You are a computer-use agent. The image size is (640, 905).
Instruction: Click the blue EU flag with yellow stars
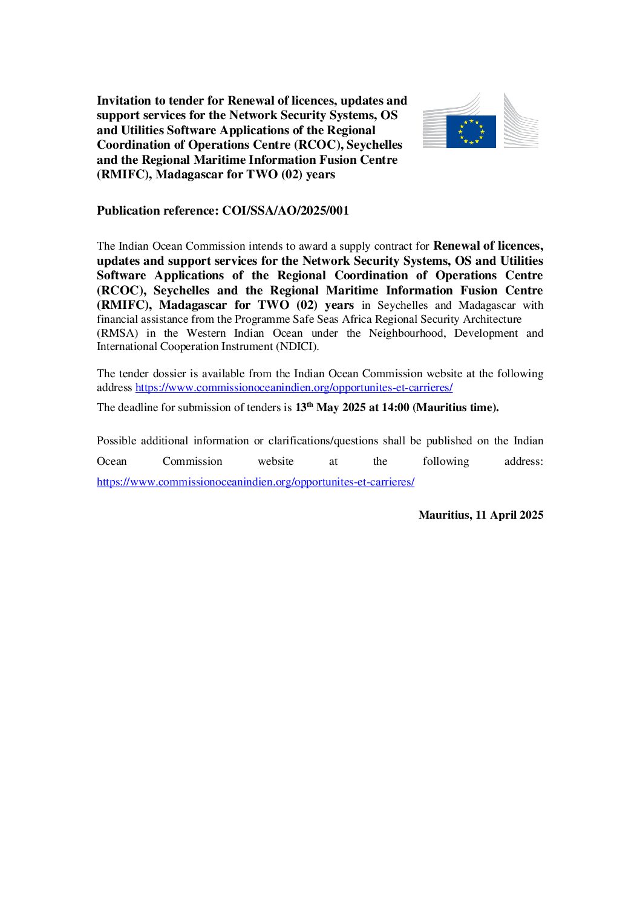[x=471, y=132]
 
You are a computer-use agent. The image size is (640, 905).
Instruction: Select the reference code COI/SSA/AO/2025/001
[x=286, y=211]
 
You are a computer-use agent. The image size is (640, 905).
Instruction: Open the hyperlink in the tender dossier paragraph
[x=294, y=388]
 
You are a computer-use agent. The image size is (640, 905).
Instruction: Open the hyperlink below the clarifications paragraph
[x=255, y=482]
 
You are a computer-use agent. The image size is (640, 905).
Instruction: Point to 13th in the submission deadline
[x=304, y=407]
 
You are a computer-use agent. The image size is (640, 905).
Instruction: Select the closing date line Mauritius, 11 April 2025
[x=480, y=515]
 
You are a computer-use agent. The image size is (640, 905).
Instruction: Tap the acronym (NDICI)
[x=298, y=346]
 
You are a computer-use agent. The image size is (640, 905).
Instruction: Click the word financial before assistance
[x=117, y=319]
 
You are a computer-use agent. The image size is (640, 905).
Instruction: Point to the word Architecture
[x=492, y=319]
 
